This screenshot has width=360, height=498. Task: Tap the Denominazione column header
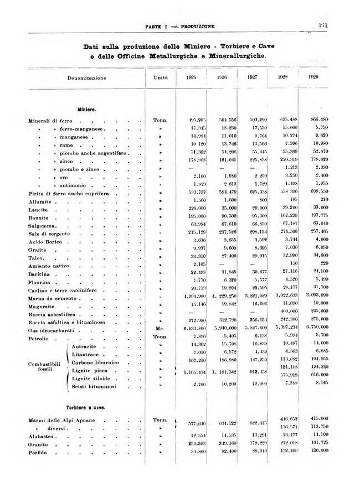click(x=88, y=78)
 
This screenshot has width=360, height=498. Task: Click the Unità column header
click(x=161, y=78)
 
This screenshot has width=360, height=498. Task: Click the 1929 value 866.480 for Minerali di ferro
click(x=319, y=120)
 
